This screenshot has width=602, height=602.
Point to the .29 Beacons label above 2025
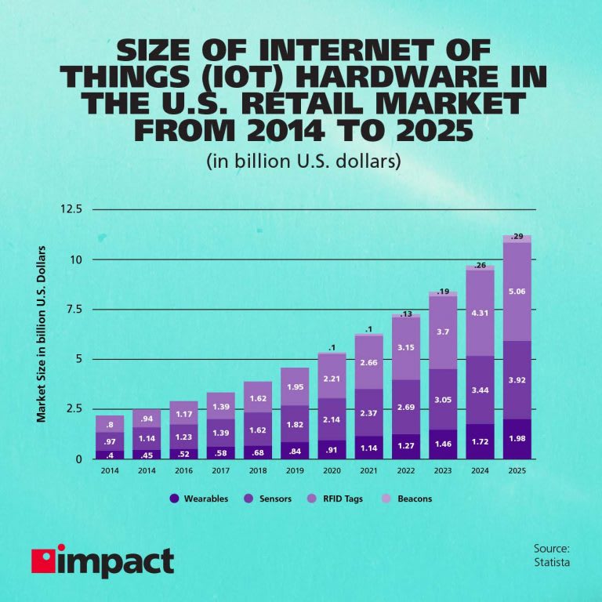tap(517, 236)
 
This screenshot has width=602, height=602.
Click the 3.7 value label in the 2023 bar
tap(442, 333)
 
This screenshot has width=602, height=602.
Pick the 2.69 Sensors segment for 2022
tap(407, 408)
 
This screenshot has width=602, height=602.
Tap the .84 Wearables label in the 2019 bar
tap(294, 451)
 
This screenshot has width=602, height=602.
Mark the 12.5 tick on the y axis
tap(71, 209)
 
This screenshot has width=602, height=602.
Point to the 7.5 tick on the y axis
tap(75, 309)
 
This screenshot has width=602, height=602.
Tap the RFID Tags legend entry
tap(338, 499)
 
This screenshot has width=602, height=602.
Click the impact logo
tap(102, 562)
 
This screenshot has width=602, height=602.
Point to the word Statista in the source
tap(551, 562)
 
